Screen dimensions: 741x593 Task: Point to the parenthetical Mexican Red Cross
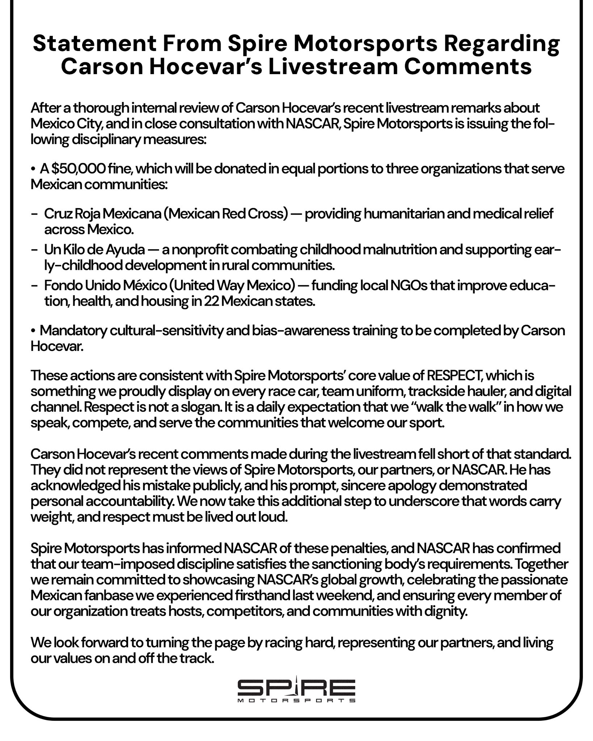[226, 214]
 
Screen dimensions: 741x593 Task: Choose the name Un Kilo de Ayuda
[94, 250]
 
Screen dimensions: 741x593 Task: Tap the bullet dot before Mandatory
[33, 331]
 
